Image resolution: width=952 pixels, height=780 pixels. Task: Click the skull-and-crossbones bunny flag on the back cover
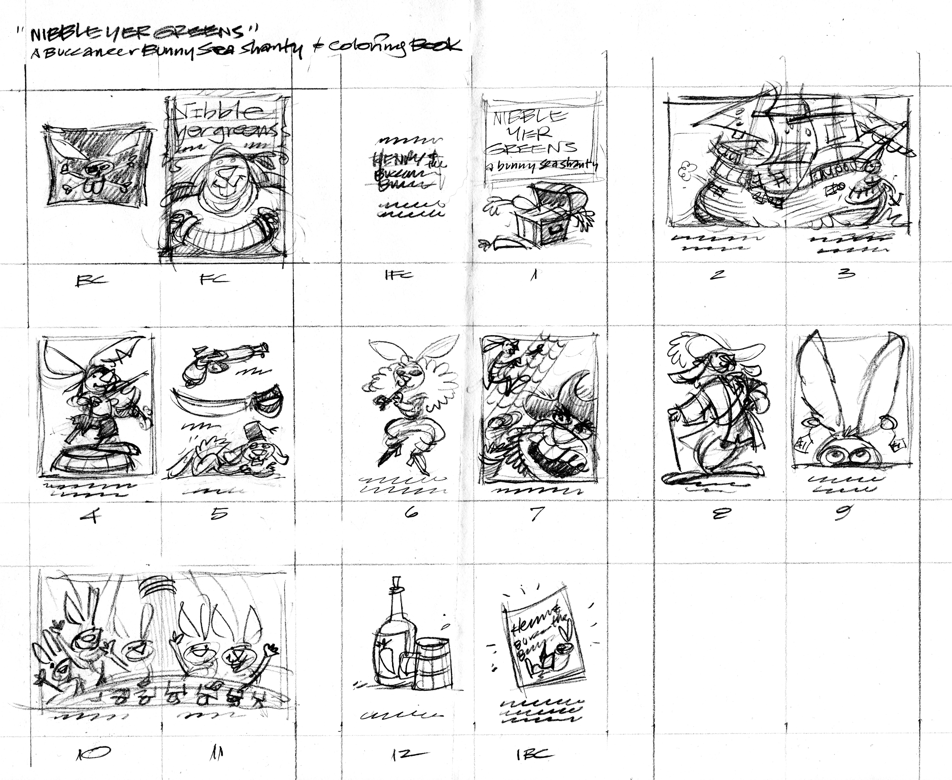click(97, 166)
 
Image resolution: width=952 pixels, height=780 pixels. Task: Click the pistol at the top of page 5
click(222, 360)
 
